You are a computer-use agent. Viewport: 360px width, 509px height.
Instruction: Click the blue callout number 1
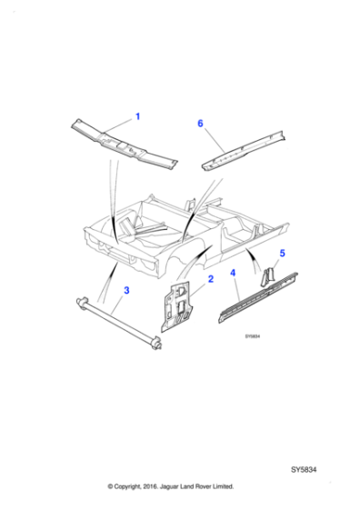(x=138, y=115)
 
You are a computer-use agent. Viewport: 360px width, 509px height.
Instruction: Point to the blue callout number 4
(x=234, y=273)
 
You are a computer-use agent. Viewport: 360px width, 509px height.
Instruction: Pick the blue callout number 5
(x=283, y=254)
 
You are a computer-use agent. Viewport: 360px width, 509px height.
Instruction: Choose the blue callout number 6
(x=200, y=123)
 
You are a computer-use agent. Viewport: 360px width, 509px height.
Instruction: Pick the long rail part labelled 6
(x=241, y=151)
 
